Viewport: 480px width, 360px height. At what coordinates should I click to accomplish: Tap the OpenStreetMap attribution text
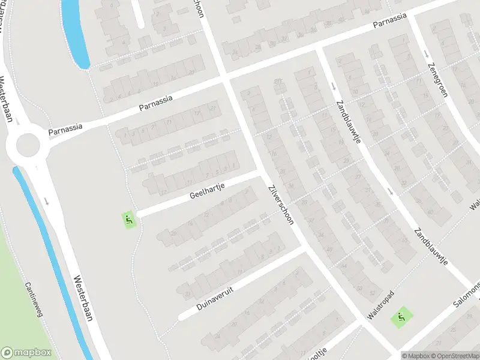pyautogui.click(x=454, y=356)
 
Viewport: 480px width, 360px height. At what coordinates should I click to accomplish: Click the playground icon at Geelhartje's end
pyautogui.click(x=129, y=220)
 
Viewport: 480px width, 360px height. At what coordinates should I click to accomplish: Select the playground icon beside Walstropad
pyautogui.click(x=400, y=317)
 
